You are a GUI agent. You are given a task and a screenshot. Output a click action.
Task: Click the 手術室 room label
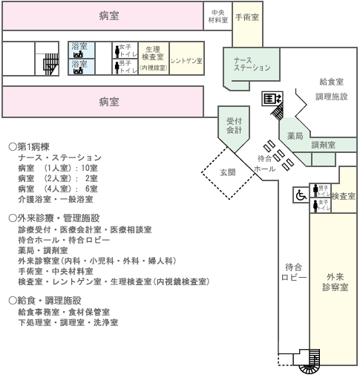tap(247, 17)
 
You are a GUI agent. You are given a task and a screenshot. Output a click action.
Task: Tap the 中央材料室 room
tap(217, 16)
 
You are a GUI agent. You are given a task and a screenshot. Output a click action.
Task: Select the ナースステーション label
tap(252, 64)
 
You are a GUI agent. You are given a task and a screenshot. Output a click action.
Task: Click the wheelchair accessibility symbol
tap(301, 195)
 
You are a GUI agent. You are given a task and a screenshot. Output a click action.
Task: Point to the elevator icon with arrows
tap(272, 99)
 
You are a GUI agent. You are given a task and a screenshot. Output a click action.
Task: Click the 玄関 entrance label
tap(228, 172)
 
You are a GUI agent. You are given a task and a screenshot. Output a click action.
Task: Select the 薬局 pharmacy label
tap(295, 136)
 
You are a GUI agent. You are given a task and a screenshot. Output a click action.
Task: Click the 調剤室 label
tap(323, 145)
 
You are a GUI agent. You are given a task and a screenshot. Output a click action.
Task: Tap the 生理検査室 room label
tap(153, 53)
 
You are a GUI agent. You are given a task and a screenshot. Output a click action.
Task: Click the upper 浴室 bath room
tap(82, 50)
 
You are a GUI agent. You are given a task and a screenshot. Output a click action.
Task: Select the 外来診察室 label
tap(335, 282)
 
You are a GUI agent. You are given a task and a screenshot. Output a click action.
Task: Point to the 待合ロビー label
tap(294, 273)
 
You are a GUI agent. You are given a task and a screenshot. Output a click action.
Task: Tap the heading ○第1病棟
tap(29, 147)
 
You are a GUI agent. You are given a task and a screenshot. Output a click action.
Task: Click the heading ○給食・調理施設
tap(45, 301)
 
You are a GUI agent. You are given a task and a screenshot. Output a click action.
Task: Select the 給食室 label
tap(332, 82)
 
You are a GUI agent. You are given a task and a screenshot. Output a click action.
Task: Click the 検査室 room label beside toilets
tap(344, 196)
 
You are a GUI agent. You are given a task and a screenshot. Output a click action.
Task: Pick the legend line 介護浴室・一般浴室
tap(56, 199)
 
